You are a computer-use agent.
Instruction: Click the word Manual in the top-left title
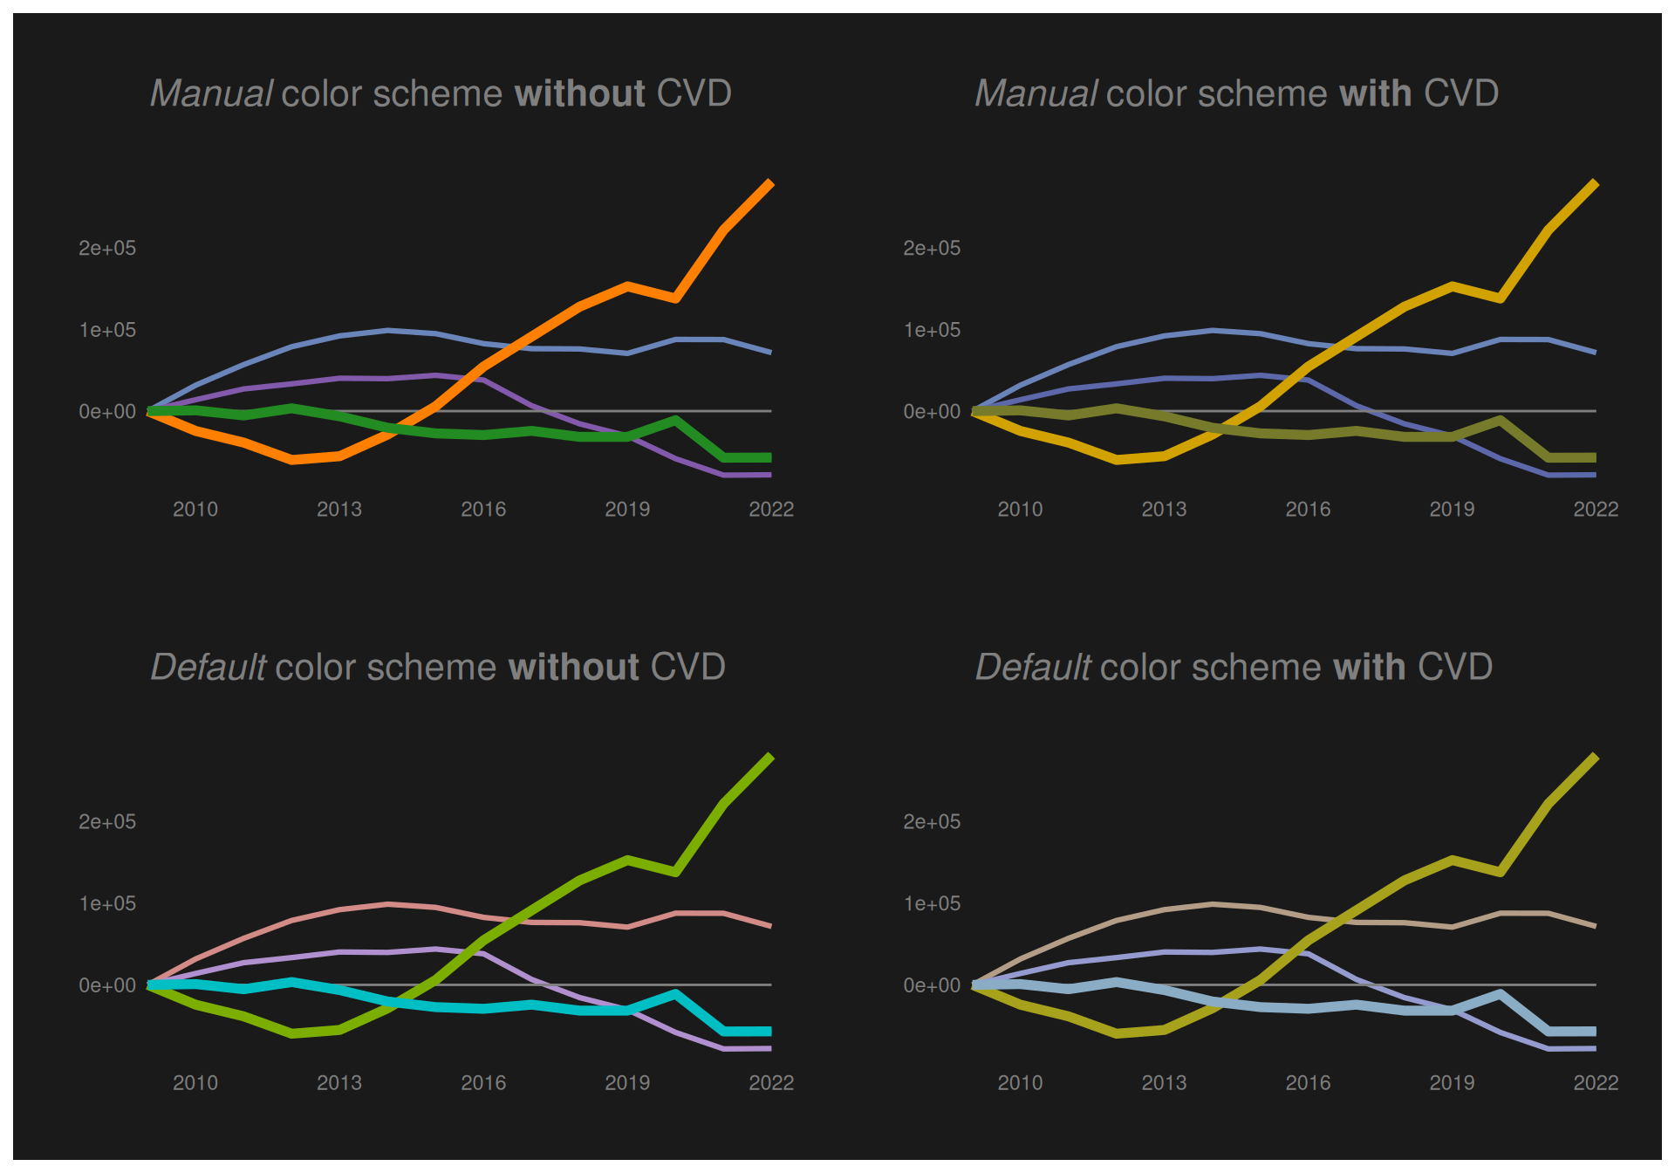tap(212, 93)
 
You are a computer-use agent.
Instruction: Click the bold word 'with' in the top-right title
tap(1375, 93)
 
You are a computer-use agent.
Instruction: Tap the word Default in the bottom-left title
tap(209, 667)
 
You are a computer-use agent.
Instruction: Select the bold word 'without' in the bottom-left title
tap(574, 667)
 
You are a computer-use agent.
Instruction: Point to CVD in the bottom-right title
tap(1455, 667)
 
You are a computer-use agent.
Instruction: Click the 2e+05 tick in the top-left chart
tap(107, 248)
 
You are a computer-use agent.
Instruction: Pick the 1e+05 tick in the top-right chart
tap(932, 330)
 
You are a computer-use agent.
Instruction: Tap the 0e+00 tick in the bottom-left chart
tap(107, 985)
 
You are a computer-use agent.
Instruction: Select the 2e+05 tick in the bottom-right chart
tap(932, 821)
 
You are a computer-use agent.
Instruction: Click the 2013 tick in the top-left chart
tap(339, 509)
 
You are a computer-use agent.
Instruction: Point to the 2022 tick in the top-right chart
tap(1596, 509)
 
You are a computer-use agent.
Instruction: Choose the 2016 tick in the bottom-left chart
tap(483, 1082)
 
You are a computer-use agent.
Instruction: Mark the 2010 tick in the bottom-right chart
tap(1020, 1082)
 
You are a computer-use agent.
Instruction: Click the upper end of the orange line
tap(770, 182)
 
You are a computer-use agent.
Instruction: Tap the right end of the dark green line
tap(769, 457)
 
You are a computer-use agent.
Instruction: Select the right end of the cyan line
tap(769, 1032)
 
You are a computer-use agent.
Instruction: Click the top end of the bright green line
tap(770, 757)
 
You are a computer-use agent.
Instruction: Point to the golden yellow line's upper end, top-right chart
tap(1595, 182)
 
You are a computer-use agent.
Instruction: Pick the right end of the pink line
tap(769, 925)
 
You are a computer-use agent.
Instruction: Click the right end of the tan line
tap(1594, 925)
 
